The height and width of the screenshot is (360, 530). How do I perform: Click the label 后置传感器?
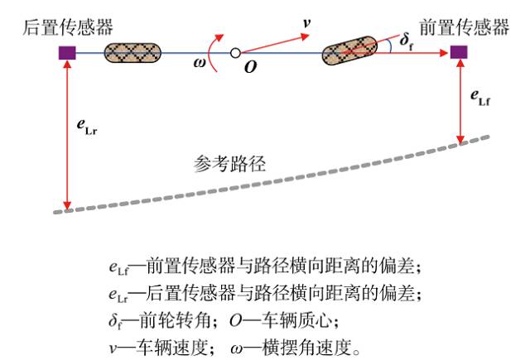pyautogui.click(x=63, y=28)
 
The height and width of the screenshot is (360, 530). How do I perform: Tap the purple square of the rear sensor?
pyautogui.click(x=65, y=53)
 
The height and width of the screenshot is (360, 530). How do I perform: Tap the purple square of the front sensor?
pyautogui.click(x=460, y=53)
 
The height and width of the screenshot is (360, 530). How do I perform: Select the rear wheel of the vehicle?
pyautogui.click(x=132, y=53)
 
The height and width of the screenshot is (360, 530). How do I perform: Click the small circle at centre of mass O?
pyautogui.click(x=235, y=54)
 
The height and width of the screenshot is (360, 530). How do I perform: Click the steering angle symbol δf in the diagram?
pyautogui.click(x=407, y=39)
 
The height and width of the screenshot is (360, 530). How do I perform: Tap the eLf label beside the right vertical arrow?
pyautogui.click(x=483, y=98)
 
